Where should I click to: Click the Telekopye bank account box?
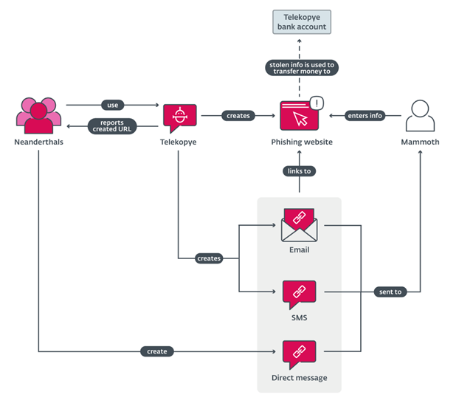pyautogui.click(x=300, y=22)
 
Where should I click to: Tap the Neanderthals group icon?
pyautogui.click(x=38, y=114)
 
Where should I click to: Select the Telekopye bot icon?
pyautogui.click(x=179, y=117)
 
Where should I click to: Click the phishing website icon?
pyautogui.click(x=299, y=117)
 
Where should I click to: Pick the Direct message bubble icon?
pyautogui.click(x=299, y=354)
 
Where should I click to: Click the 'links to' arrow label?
pyautogui.click(x=299, y=171)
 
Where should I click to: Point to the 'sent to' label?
pyautogui.click(x=390, y=292)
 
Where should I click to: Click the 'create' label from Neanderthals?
pyautogui.click(x=157, y=351)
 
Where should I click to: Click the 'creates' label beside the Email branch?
pyautogui.click(x=209, y=258)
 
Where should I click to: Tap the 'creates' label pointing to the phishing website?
pyautogui.click(x=238, y=115)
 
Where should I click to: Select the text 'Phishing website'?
pyautogui.click(x=300, y=142)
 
